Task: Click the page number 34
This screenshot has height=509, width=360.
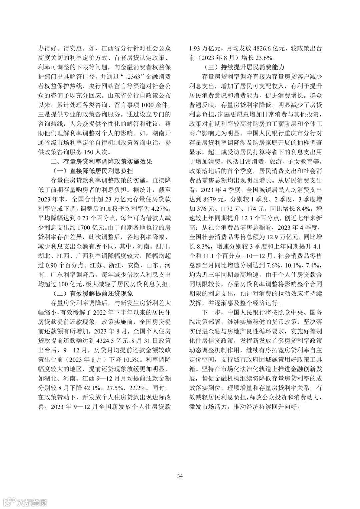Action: coord(180,476)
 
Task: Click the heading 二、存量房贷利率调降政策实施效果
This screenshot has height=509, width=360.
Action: coord(101,162)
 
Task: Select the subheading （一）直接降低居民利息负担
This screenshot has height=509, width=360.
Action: coord(93,171)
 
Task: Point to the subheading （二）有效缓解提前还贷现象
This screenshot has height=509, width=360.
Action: coord(93,294)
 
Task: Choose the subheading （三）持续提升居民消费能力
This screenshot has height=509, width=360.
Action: coord(244,67)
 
